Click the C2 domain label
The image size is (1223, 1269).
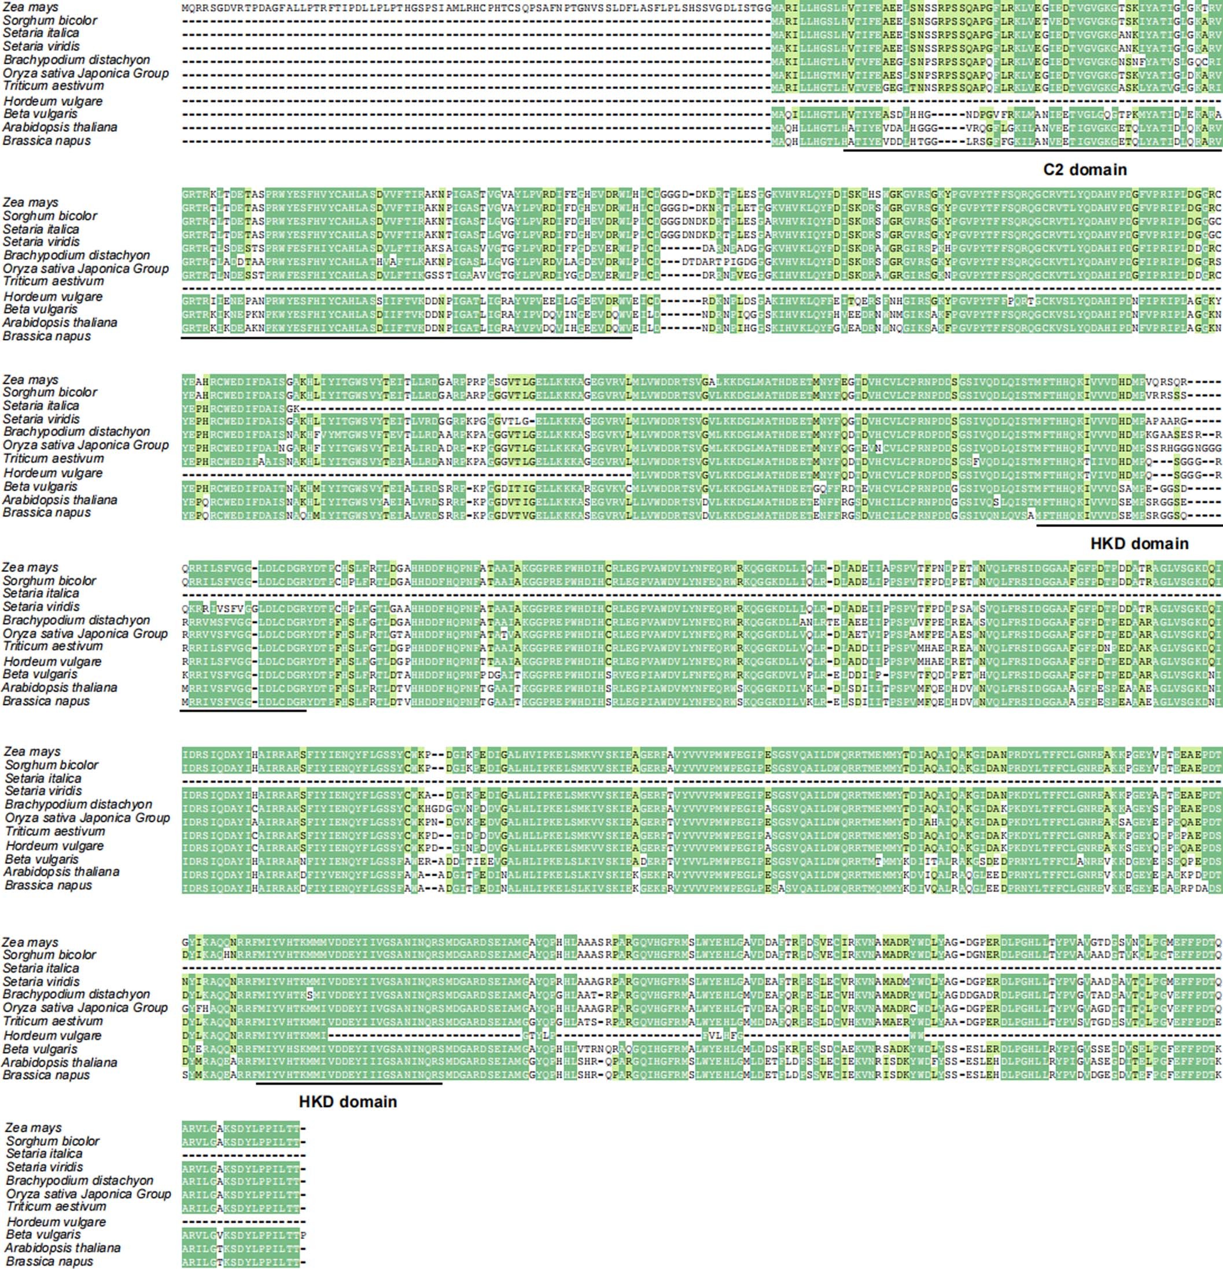click(x=1085, y=169)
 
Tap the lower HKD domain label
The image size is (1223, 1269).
click(x=348, y=1101)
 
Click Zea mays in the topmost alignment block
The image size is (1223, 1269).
click(x=31, y=7)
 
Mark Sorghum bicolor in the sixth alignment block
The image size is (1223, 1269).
click(x=49, y=955)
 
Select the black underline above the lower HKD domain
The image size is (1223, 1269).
click(x=349, y=1083)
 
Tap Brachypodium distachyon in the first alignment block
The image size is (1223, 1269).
click(x=76, y=60)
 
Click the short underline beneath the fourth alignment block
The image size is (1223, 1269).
click(x=243, y=710)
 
